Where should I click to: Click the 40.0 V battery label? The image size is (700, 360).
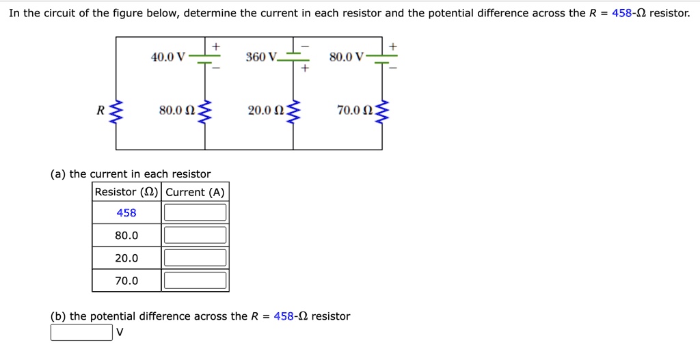click(x=167, y=57)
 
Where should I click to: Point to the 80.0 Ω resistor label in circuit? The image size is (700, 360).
click(x=176, y=110)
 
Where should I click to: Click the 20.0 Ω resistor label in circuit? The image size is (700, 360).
click(x=265, y=110)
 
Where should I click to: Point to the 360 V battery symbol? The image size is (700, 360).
click(x=294, y=57)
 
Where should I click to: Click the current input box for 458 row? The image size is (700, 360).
click(x=195, y=212)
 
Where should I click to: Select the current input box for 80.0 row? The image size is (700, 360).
click(x=195, y=235)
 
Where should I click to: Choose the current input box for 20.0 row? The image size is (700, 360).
click(x=195, y=258)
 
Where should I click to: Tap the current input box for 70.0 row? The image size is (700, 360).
click(x=195, y=280)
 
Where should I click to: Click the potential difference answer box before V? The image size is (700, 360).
click(x=81, y=333)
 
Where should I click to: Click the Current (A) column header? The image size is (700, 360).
click(x=195, y=192)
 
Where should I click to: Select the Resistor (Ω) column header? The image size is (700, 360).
click(x=126, y=192)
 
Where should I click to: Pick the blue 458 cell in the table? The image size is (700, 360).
click(x=126, y=212)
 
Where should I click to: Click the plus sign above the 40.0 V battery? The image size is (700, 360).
click(x=215, y=45)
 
